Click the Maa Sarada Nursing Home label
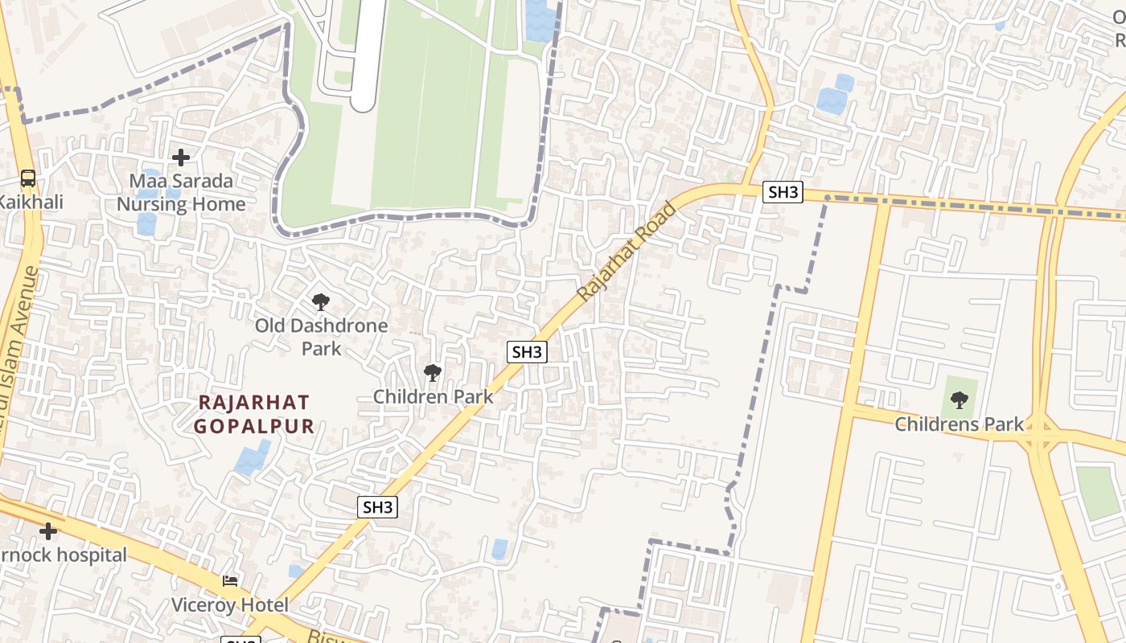coord(181,193)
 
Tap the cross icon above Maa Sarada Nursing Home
coord(181,157)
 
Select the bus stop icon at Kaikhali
coord(28,178)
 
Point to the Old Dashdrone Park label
coord(321,337)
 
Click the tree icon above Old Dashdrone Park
coord(321,302)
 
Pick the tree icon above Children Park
coord(433,372)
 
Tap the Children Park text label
coord(433,396)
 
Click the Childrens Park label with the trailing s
coord(960,424)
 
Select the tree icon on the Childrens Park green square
coord(959,399)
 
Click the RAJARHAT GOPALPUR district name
coord(254,413)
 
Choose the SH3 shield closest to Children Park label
coord(528,351)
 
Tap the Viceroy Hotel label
coord(229,604)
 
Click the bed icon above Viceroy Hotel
coord(230,580)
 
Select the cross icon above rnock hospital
coord(48,530)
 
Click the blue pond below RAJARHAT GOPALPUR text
coord(251,458)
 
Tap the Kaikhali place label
coord(30,202)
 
